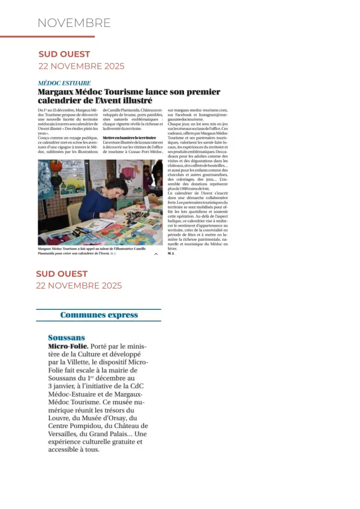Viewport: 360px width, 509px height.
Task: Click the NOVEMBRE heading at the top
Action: [74, 23]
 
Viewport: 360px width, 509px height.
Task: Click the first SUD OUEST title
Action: [64, 54]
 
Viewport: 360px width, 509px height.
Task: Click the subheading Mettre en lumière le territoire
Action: [129, 137]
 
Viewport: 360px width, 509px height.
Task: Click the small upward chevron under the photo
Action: [156, 254]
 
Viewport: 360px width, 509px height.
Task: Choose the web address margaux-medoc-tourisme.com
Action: [197, 110]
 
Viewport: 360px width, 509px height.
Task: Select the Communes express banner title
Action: [99, 315]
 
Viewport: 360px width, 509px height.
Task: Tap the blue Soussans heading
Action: [66, 337]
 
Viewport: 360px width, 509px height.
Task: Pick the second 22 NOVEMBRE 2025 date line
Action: [79, 285]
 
